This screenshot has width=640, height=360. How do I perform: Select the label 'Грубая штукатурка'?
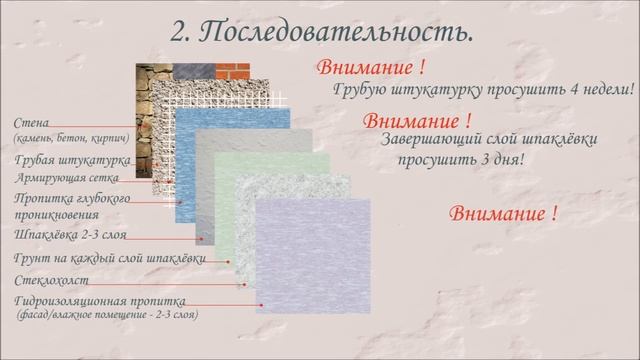pos(70,160)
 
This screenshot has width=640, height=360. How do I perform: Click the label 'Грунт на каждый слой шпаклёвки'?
pos(110,259)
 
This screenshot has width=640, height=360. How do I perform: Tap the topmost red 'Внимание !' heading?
pos(370,69)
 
